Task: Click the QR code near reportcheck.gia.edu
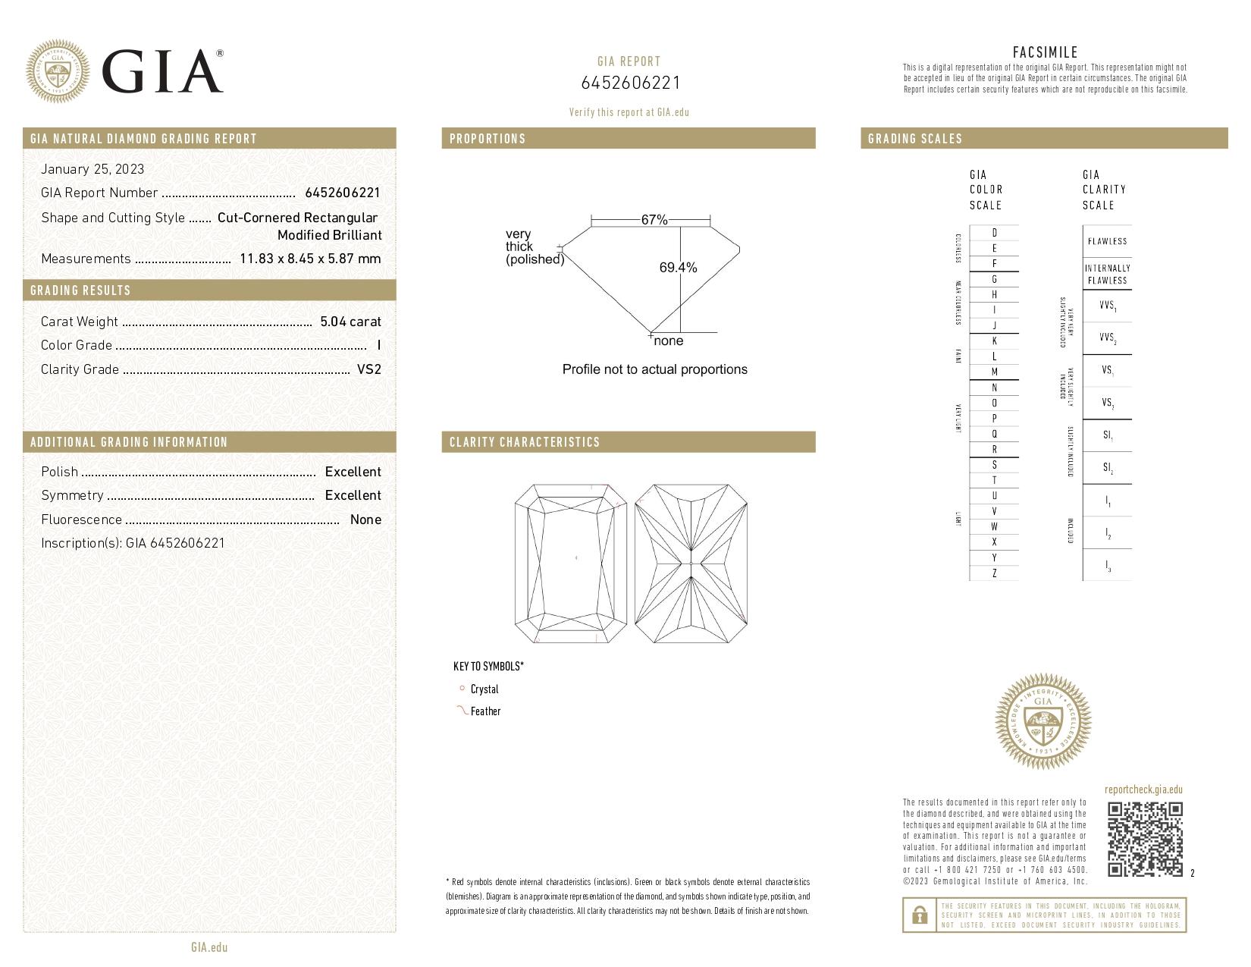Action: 1144,839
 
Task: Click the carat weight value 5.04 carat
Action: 350,322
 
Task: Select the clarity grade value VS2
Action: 368,369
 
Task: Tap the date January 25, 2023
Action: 92,169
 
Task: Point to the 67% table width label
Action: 654,220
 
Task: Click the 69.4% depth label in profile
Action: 678,268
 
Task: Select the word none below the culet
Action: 668,341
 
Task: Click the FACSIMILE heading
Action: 1045,52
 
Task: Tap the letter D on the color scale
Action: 994,233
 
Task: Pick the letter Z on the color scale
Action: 994,573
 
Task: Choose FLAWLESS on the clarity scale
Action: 1107,241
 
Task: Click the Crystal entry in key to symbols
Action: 484,689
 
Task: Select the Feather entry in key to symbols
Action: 485,711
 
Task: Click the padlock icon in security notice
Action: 919,915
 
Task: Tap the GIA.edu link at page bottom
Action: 209,947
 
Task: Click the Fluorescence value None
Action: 365,520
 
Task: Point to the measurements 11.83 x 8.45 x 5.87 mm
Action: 310,259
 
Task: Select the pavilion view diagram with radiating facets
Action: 691,564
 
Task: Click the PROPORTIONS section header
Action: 488,139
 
